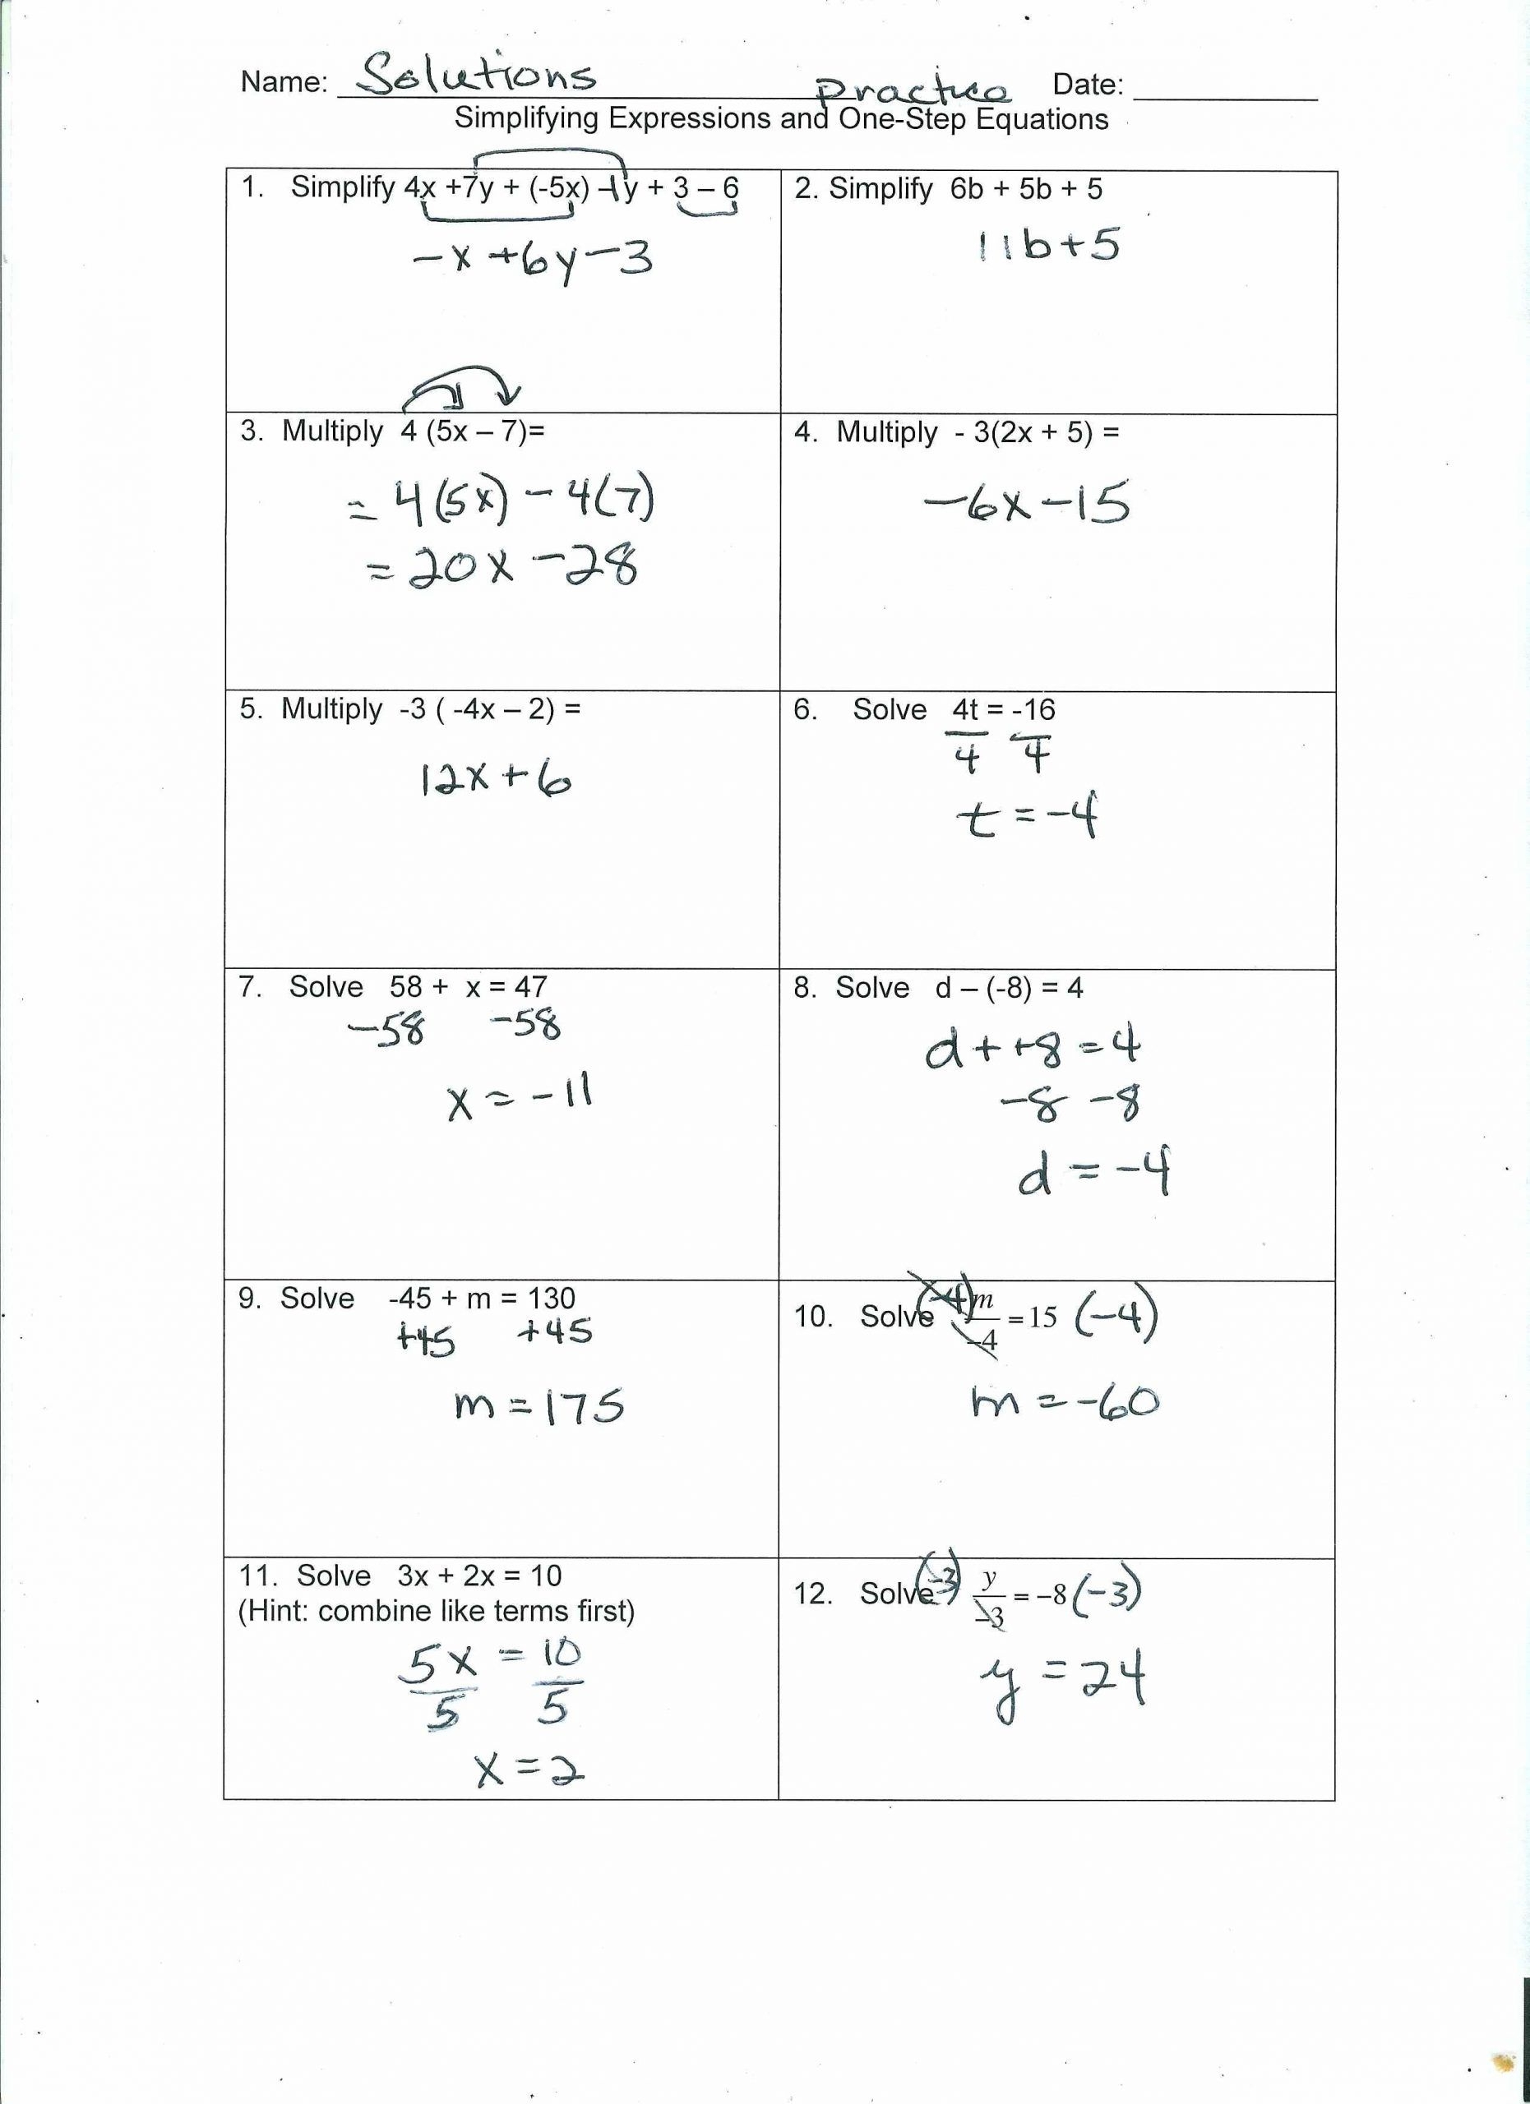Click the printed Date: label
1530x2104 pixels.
coord(1088,85)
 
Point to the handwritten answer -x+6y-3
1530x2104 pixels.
coord(533,260)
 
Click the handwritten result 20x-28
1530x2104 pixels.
coord(505,567)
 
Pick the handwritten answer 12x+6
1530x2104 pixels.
coord(496,780)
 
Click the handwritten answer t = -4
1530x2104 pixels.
coord(1027,817)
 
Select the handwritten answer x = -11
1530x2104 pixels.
coord(520,1097)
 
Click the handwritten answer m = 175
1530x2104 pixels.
coord(539,1407)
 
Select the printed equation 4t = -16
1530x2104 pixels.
coord(1004,709)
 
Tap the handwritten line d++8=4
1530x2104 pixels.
coord(1032,1048)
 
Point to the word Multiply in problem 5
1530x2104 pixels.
coord(331,708)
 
